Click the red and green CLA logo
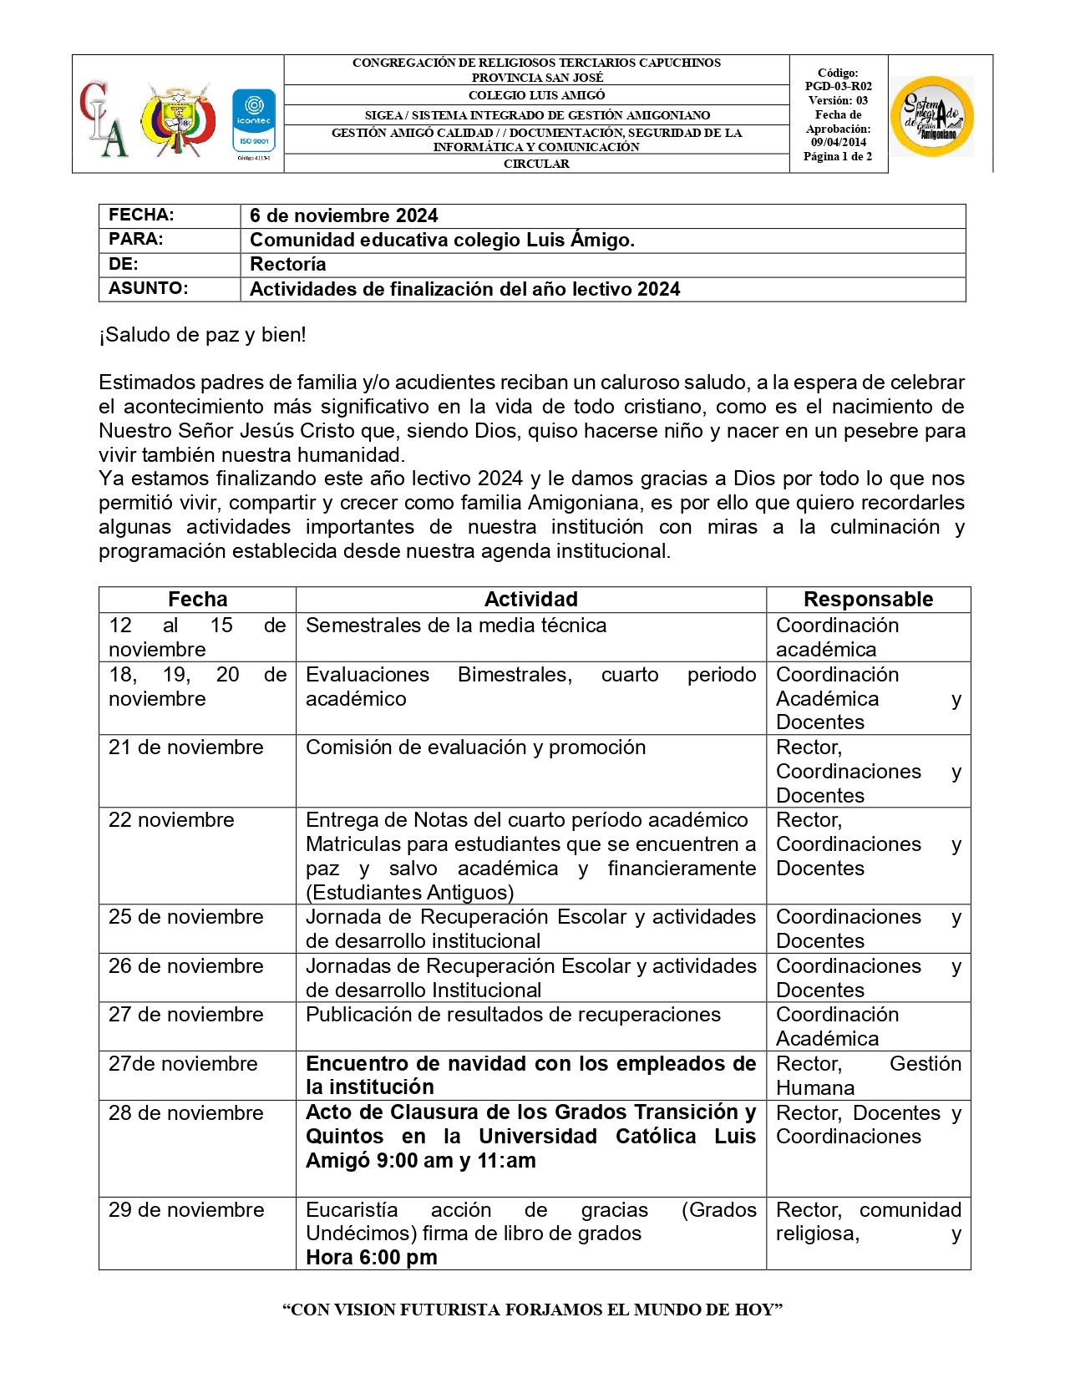click(104, 119)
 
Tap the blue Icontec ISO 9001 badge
click(253, 120)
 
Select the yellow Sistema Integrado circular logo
click(932, 116)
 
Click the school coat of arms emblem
click(178, 119)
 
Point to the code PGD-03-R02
click(838, 86)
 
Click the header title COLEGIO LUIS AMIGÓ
click(536, 95)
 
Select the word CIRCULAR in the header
click(536, 164)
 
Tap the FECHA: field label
click(141, 215)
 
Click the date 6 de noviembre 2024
click(343, 215)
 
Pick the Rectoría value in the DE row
click(287, 264)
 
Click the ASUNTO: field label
click(148, 288)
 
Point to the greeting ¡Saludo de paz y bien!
click(202, 335)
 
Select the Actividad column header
click(530, 599)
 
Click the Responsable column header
click(868, 599)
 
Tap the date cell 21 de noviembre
click(185, 747)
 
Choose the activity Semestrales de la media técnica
click(455, 626)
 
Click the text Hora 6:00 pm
click(371, 1257)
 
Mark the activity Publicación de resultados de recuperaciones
click(513, 1015)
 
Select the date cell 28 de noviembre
click(185, 1113)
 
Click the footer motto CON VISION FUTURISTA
click(532, 1310)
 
